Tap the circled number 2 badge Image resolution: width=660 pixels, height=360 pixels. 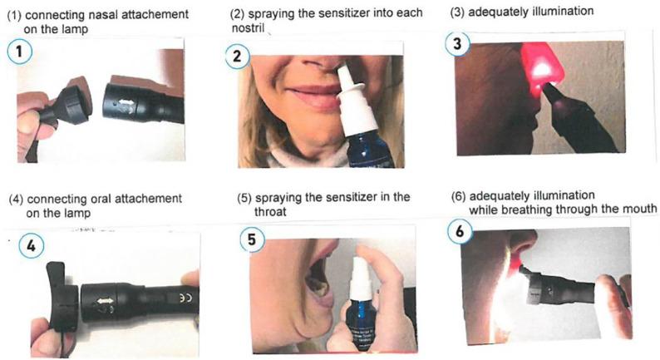tap(237, 56)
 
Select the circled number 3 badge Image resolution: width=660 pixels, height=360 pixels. tap(457, 43)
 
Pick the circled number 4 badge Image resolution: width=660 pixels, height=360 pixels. tap(31, 245)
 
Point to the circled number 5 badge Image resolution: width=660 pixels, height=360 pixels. tap(252, 239)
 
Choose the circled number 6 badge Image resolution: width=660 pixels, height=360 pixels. tap(460, 231)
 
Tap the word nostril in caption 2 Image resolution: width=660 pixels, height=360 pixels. tap(248, 27)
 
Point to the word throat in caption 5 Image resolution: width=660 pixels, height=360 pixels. tap(270, 211)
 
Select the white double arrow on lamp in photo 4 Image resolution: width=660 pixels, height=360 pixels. tap(105, 301)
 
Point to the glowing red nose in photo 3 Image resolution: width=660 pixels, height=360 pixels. tap(540, 67)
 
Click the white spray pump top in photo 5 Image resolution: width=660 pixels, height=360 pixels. tap(360, 276)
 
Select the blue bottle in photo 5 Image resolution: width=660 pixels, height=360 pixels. tap(361, 322)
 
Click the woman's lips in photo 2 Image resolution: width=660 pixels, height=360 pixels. tap(312, 96)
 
